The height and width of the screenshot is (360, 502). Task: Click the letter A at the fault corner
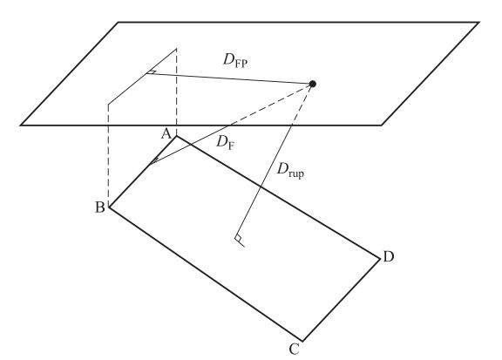click(166, 133)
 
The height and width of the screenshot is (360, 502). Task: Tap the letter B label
click(100, 207)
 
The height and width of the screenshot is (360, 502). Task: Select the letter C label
click(294, 350)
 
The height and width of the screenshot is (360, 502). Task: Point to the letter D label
click(388, 256)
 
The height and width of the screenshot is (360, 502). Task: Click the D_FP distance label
click(235, 60)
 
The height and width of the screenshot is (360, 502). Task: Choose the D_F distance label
click(226, 143)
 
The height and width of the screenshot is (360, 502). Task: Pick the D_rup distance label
click(290, 171)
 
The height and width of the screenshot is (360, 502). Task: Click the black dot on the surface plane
click(313, 84)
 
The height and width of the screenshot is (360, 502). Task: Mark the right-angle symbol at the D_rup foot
click(240, 241)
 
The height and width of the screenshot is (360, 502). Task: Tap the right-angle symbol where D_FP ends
click(151, 72)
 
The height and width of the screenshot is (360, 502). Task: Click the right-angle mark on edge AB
click(153, 161)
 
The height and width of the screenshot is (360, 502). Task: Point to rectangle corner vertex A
click(176, 137)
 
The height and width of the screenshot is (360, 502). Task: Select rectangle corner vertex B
click(110, 207)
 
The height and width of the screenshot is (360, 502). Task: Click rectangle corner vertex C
click(302, 341)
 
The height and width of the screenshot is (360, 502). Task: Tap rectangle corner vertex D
click(380, 257)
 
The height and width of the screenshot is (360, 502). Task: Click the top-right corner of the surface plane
click(478, 23)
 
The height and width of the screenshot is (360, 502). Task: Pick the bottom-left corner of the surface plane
click(21, 125)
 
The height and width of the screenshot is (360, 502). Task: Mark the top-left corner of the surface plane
click(119, 23)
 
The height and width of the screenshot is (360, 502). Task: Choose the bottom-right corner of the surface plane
click(382, 125)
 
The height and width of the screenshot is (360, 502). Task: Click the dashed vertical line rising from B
click(109, 155)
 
